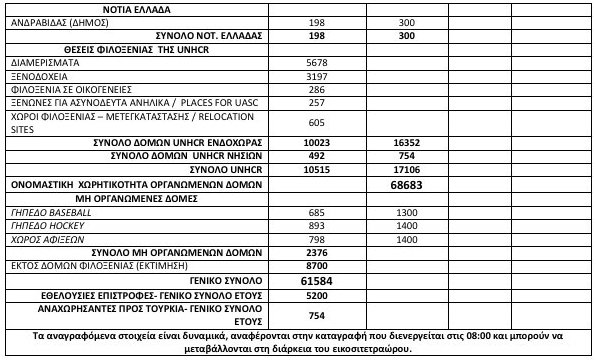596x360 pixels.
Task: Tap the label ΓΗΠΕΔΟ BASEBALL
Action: click(x=55, y=214)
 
